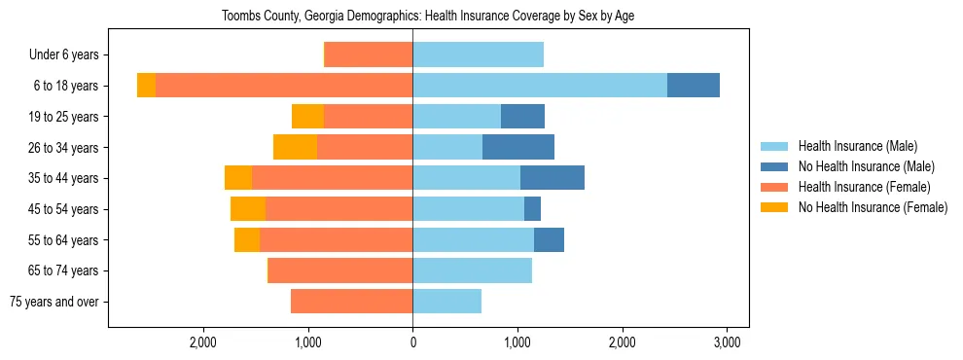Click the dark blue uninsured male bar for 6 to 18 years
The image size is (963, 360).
point(693,86)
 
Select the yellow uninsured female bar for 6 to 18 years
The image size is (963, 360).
point(146,86)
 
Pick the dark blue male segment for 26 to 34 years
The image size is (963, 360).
point(517,148)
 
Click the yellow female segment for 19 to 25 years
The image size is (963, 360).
point(307,117)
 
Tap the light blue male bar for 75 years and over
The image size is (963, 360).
point(446,302)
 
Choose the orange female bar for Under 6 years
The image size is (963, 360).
point(369,55)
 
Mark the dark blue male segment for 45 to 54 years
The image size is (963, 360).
point(532,209)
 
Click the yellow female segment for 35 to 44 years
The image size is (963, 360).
point(238,178)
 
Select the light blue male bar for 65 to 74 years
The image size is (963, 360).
point(472,270)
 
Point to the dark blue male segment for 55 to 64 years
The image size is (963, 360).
point(549,240)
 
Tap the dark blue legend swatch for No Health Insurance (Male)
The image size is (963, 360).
point(774,166)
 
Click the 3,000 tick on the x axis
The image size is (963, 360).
point(727,343)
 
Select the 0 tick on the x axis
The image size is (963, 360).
point(412,343)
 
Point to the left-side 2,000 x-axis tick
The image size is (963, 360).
point(202,343)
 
